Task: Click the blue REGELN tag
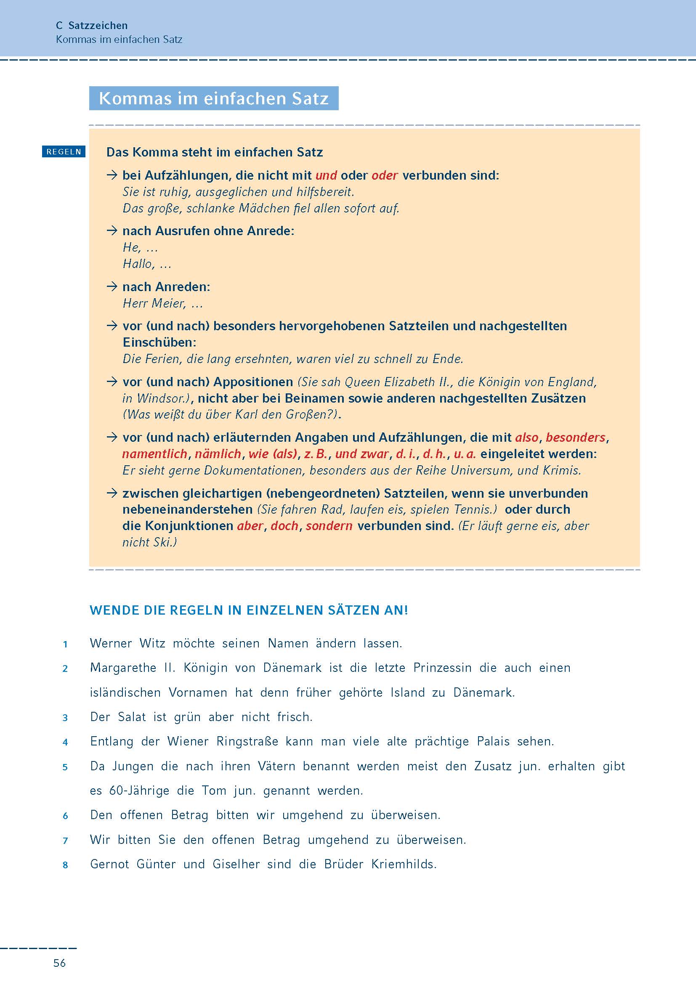click(x=64, y=152)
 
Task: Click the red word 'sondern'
click(x=329, y=526)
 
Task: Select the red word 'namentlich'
click(x=155, y=454)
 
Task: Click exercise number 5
click(x=65, y=767)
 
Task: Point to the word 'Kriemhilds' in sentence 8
click(x=404, y=864)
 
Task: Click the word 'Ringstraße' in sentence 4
click(x=247, y=741)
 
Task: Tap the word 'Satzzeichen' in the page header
click(x=98, y=25)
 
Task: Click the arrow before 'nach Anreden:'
click(x=112, y=287)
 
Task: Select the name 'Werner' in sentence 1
click(x=111, y=643)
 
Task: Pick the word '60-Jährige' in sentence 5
click(x=139, y=790)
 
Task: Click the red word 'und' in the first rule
click(x=326, y=175)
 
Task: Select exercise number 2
click(x=65, y=668)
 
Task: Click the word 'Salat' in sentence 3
click(x=132, y=717)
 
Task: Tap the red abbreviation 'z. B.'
click(x=316, y=454)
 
